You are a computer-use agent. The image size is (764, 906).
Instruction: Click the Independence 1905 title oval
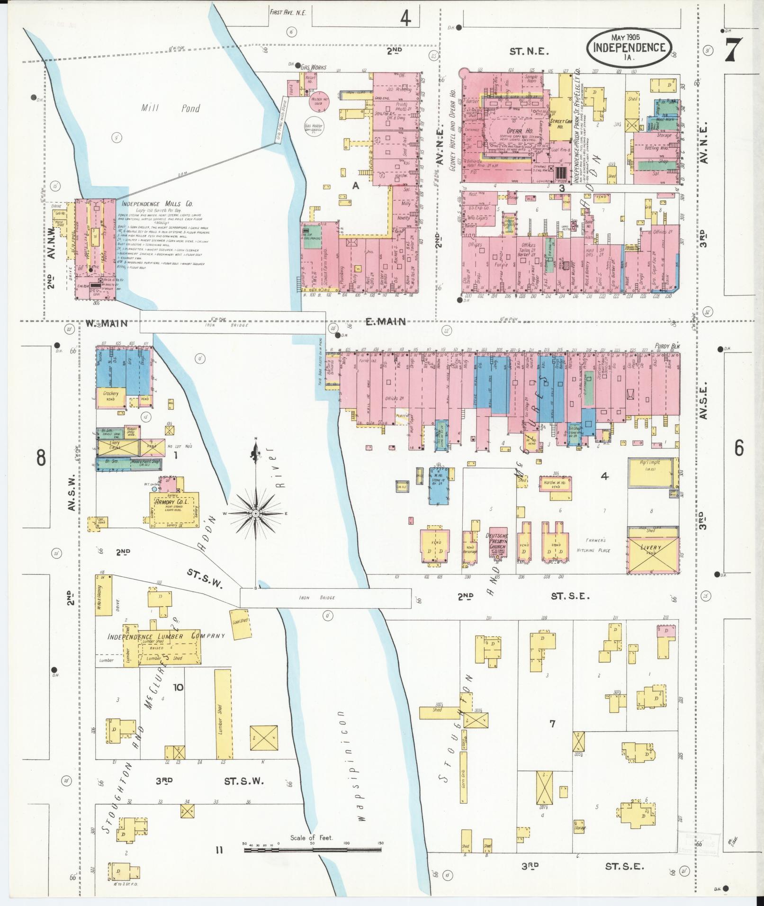629,47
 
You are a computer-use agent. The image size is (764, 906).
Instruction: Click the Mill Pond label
171,108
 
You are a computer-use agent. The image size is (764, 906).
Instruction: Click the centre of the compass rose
256,513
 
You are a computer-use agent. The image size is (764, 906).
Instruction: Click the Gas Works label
313,68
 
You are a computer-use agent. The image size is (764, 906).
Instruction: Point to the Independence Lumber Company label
166,636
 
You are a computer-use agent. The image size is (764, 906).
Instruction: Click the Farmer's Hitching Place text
593,545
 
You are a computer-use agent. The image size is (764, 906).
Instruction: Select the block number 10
178,687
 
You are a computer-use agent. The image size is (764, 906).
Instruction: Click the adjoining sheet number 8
41,457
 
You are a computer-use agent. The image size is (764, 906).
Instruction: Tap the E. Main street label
386,322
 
